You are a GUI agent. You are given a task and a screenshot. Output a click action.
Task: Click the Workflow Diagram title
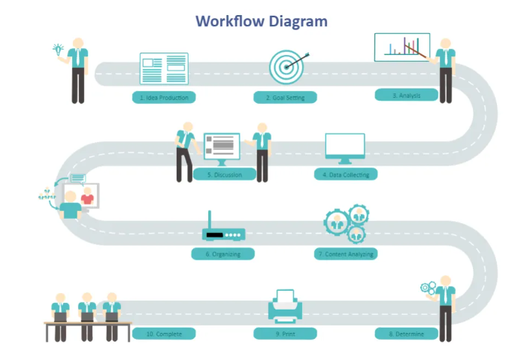262,21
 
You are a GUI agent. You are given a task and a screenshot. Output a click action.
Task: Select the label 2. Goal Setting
285,97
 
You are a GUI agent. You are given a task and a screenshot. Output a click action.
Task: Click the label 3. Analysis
406,95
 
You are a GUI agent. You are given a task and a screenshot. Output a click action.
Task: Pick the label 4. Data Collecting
345,174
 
